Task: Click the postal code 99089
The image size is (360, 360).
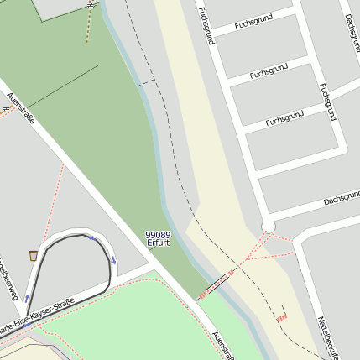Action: (x=158, y=235)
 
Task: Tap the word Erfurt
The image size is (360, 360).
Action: (x=158, y=243)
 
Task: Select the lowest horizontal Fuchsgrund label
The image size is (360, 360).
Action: (x=284, y=118)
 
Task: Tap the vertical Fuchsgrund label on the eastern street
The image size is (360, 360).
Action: (x=327, y=101)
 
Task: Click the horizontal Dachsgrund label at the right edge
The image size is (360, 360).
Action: (x=341, y=200)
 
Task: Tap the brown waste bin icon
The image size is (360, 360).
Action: (x=33, y=254)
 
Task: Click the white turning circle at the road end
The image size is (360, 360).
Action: (x=269, y=226)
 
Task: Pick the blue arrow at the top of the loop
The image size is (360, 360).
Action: (x=91, y=237)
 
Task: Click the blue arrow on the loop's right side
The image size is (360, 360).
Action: (x=113, y=258)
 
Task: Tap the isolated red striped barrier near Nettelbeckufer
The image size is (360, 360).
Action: (x=282, y=318)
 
